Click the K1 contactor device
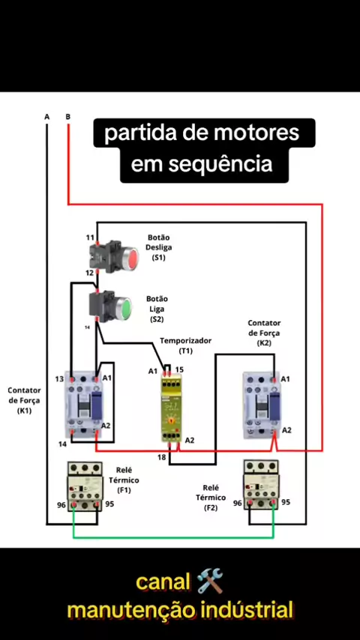(83, 405)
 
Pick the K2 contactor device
(261, 405)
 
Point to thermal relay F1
(85, 486)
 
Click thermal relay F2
(261, 484)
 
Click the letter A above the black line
(47, 117)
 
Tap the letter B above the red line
(67, 117)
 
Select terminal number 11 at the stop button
(90, 237)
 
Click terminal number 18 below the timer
(162, 457)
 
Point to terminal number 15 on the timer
(179, 369)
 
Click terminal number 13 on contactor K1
(60, 379)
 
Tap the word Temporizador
(186, 340)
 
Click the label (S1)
(158, 258)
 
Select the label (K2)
(264, 344)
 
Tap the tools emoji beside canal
(210, 582)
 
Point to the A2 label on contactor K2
(286, 430)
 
